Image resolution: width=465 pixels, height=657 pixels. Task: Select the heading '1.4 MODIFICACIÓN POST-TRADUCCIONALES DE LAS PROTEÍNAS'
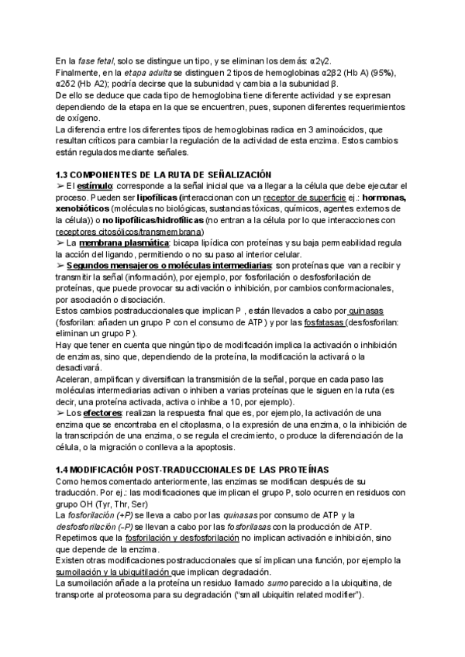click(193, 470)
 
